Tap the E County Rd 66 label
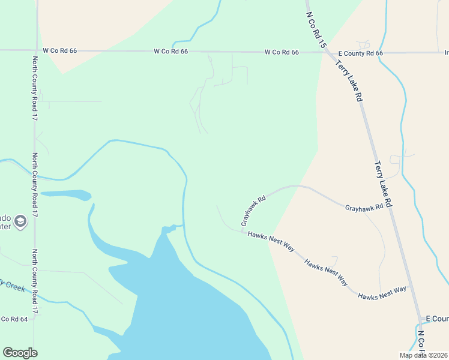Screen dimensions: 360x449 point(360,53)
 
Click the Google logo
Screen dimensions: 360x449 point(20,353)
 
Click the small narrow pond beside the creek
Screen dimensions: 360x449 point(66,195)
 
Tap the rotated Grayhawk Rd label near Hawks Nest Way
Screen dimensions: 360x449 point(253,211)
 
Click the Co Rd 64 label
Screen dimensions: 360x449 point(14,319)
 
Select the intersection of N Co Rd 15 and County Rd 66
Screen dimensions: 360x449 point(324,52)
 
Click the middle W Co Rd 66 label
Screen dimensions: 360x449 point(171,52)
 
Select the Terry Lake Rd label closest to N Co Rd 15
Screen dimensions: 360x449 point(350,80)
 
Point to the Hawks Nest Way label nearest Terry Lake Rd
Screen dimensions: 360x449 point(382,293)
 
